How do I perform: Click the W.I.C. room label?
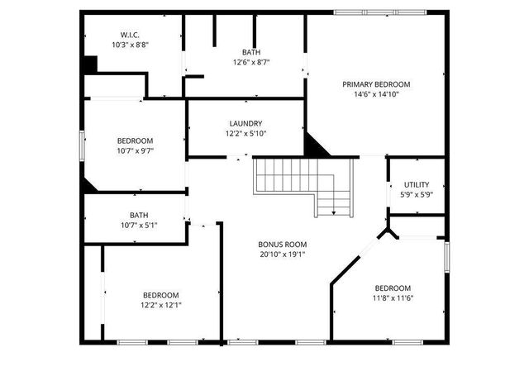130,35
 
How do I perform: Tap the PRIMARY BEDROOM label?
376,84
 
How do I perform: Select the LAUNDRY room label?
245,123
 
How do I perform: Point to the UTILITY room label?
416,184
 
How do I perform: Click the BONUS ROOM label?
283,245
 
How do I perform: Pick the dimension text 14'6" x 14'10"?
376,95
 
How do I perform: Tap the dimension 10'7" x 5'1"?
139,225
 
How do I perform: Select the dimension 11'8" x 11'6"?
393,298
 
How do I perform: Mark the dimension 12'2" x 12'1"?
161,305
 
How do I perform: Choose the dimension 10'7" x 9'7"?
135,150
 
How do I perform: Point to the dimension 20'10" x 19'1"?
283,254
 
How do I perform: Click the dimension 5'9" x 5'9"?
416,194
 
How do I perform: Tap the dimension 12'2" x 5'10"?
245,133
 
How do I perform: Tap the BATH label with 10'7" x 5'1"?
139,215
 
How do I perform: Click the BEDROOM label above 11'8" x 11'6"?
393,288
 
